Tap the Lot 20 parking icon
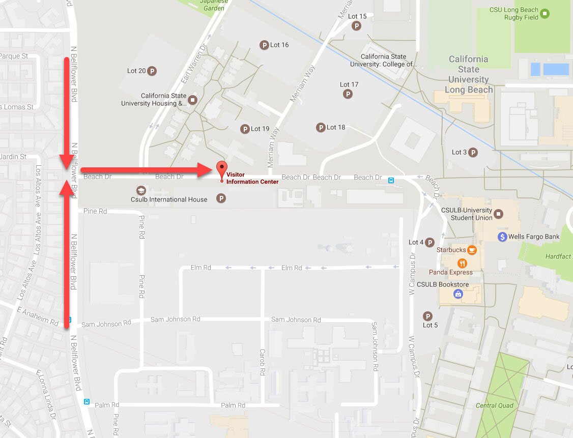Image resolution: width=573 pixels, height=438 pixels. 152,71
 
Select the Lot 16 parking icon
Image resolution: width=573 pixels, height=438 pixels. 264,45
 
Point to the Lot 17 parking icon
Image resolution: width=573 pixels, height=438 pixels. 348,94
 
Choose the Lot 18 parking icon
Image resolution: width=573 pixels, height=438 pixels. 321,128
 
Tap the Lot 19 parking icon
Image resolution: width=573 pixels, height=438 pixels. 245,129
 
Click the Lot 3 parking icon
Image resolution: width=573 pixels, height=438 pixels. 473,152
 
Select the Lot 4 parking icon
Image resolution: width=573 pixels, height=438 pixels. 429,243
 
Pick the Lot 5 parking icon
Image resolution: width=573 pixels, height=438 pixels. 428,316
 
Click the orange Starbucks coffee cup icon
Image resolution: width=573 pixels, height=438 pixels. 472,250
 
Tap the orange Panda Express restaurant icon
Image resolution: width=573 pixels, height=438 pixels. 462,263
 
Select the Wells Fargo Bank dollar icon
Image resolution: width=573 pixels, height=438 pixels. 502,237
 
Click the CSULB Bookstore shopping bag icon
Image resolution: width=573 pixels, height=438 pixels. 458,294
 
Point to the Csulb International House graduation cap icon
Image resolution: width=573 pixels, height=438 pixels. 141,190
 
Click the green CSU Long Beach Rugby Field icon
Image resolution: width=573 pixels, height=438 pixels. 545,14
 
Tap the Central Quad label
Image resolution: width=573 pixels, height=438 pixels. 494,405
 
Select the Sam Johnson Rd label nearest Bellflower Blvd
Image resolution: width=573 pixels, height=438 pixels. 106,324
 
